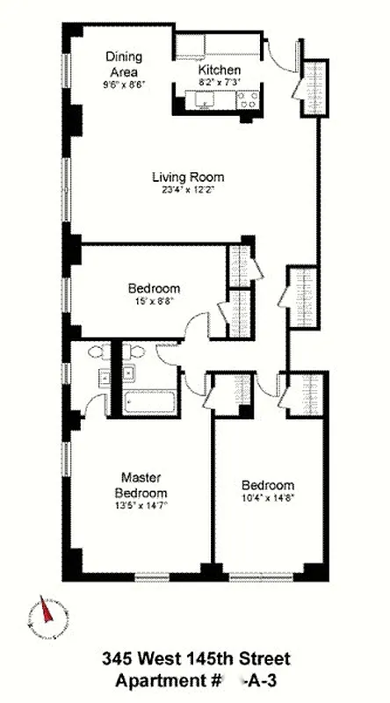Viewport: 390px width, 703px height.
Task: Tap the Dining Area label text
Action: coord(124,64)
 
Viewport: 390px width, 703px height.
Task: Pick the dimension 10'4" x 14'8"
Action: coord(267,499)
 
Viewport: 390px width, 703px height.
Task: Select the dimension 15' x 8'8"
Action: coord(154,301)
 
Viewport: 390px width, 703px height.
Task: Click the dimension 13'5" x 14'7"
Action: coord(142,506)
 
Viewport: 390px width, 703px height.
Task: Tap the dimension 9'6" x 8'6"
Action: coord(124,85)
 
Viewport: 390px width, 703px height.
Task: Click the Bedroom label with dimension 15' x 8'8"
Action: coord(154,288)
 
